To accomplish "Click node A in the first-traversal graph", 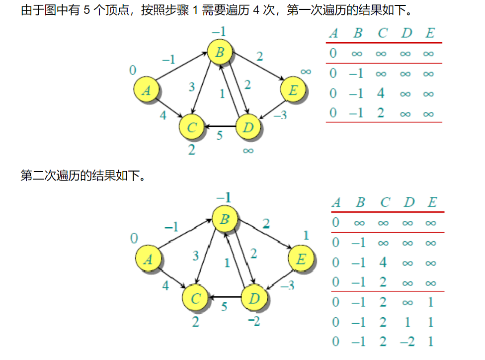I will pyautogui.click(x=146, y=90).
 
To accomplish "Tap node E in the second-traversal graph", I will pyautogui.click(x=301, y=259).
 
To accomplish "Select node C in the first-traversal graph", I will pyautogui.click(x=192, y=127).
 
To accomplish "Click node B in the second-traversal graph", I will pyautogui.click(x=225, y=219).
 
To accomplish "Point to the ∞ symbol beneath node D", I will pyautogui.click(x=248, y=150).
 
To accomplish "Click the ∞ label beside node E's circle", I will pyautogui.click(x=306, y=72).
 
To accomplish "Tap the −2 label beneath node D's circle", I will pyautogui.click(x=253, y=322).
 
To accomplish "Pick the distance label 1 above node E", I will pyautogui.click(x=306, y=235).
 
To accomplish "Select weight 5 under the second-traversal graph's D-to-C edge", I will pyautogui.click(x=224, y=307).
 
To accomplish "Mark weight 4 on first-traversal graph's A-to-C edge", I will pyautogui.click(x=162, y=115).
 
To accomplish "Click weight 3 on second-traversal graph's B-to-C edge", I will pyautogui.click(x=196, y=257).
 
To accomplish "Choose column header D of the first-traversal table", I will pyautogui.click(x=406, y=33).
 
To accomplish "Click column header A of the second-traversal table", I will pyautogui.click(x=336, y=203).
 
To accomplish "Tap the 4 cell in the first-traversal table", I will pyautogui.click(x=381, y=93).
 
